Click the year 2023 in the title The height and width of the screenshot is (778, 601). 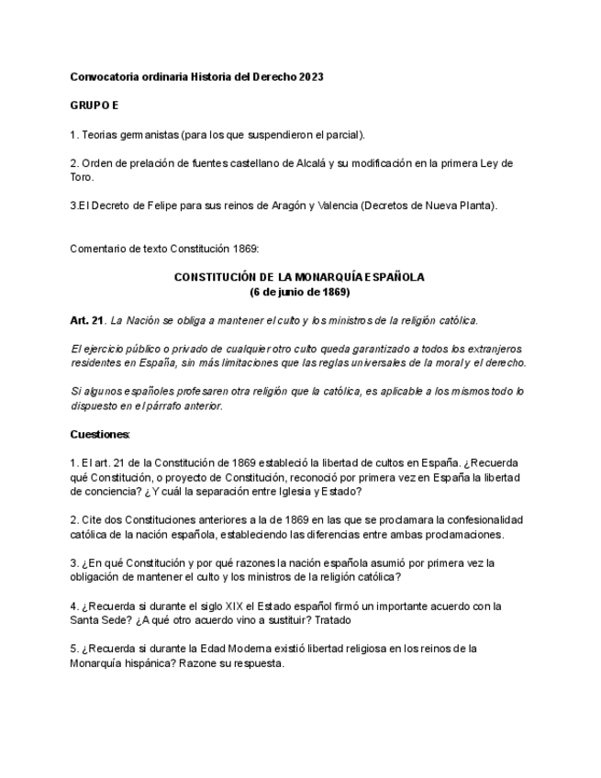311,77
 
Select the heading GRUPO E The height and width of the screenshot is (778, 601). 95,106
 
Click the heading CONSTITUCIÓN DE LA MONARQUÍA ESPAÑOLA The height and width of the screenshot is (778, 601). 300,277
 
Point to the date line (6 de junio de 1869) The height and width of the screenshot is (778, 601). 300,292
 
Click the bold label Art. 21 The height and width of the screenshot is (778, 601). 87,320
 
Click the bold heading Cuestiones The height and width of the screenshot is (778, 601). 100,434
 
